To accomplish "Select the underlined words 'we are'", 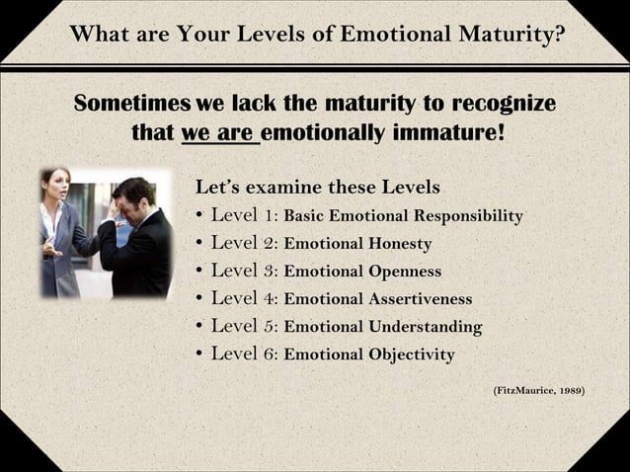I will tap(219, 131).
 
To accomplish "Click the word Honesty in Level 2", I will tap(400, 244).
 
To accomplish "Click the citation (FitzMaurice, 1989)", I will tap(538, 391).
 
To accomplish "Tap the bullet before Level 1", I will tap(200, 216).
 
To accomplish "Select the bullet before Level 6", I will tap(200, 354).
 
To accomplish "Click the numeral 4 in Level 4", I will tap(270, 298).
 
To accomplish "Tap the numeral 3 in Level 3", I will tap(270, 271).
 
